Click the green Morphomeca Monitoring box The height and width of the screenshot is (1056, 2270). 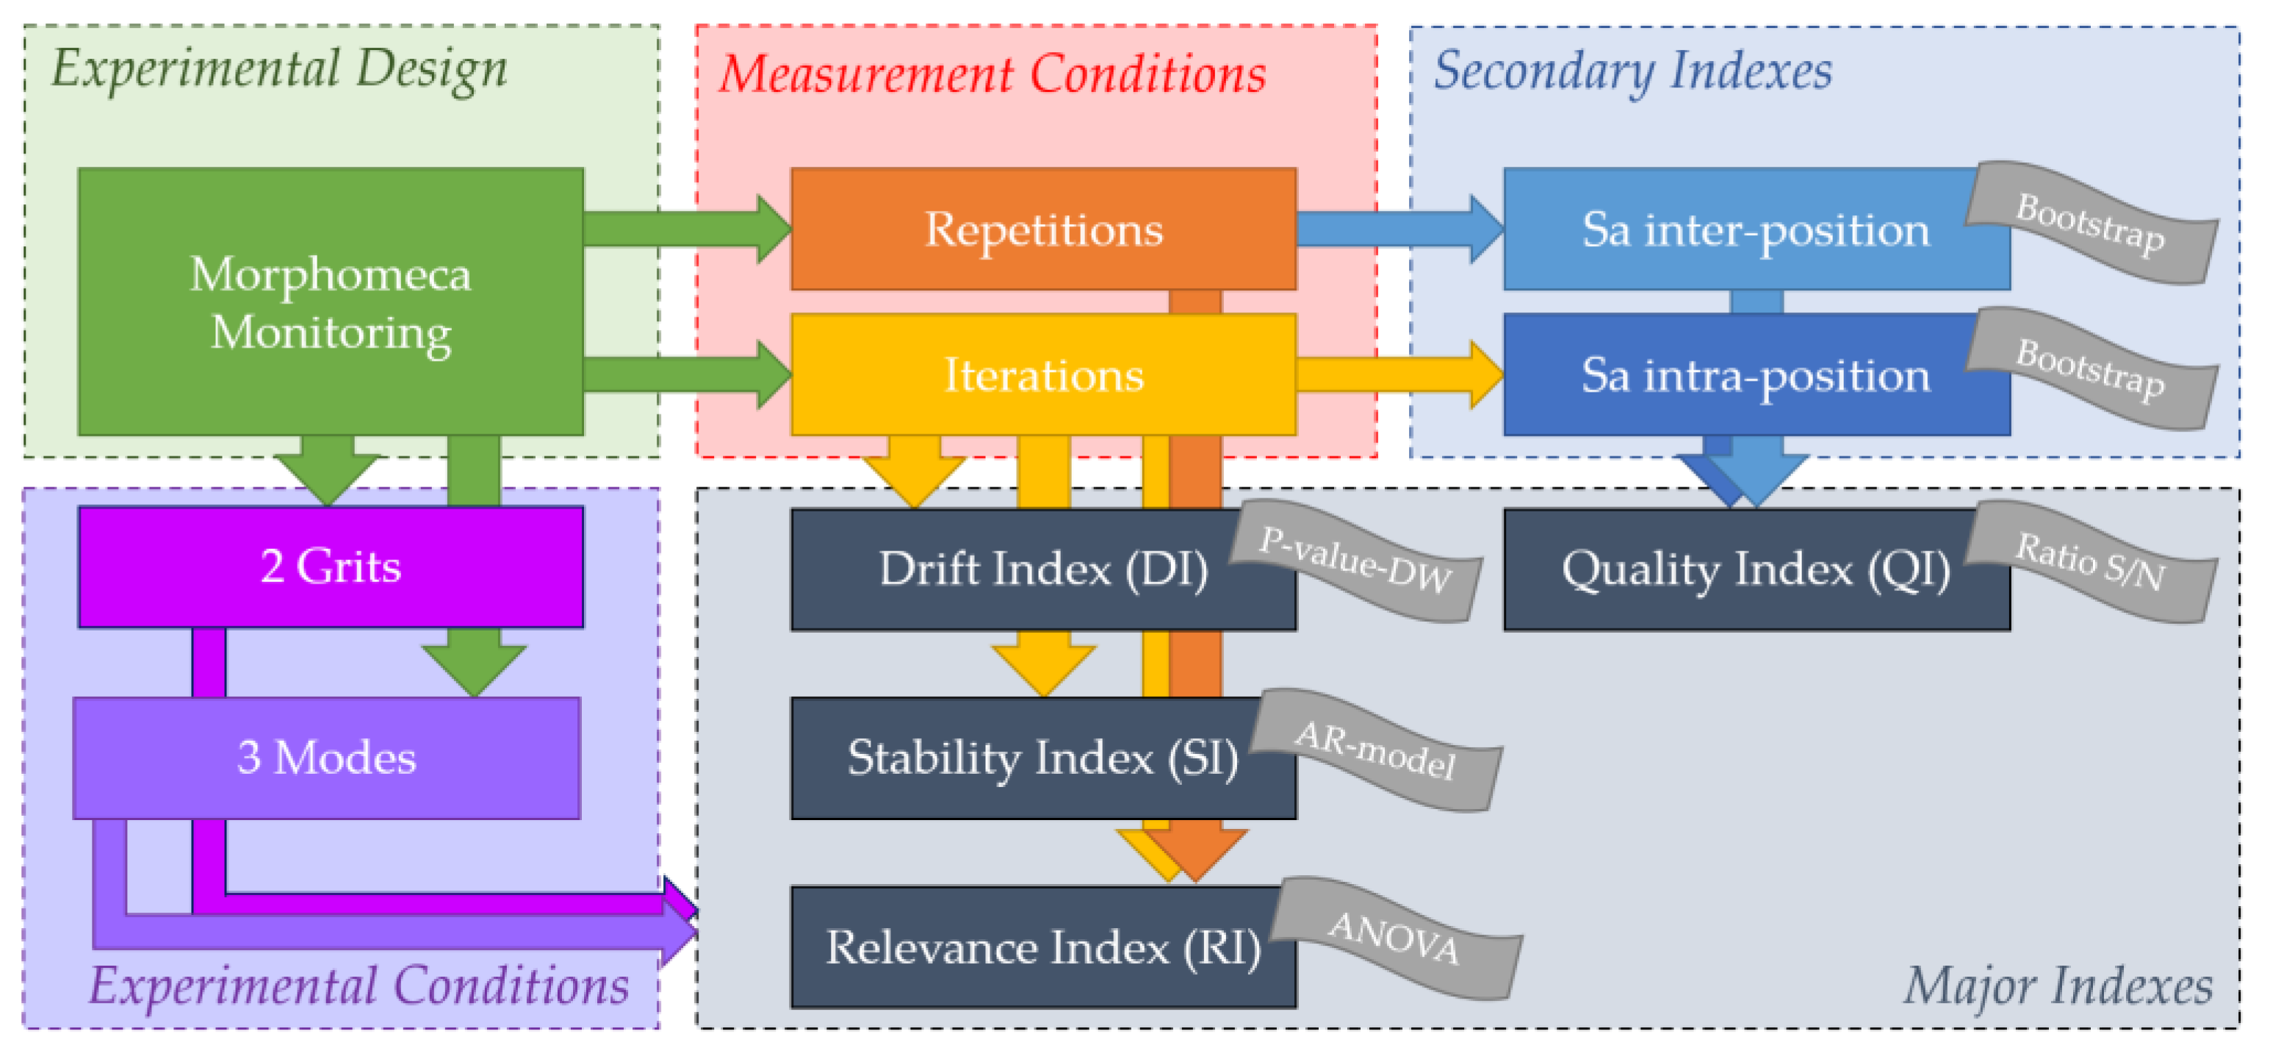(x=331, y=301)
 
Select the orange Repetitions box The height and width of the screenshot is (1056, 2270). (x=1043, y=229)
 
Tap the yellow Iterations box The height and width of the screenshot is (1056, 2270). (x=1043, y=375)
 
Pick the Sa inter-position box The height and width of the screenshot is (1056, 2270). (x=1756, y=229)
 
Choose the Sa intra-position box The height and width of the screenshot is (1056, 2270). (x=1756, y=375)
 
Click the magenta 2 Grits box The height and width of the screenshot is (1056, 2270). (x=331, y=567)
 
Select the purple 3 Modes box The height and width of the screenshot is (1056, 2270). (x=326, y=758)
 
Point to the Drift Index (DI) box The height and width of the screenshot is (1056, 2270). (x=1043, y=570)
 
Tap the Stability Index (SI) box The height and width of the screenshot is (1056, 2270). (x=1043, y=758)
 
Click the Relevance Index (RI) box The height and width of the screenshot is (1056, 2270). (x=1043, y=947)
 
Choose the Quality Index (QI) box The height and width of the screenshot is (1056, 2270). (x=1756, y=570)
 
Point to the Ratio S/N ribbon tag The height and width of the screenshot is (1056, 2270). (x=2091, y=561)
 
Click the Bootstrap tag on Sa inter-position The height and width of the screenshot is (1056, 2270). (x=2091, y=223)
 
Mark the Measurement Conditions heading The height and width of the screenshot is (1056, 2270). (x=993, y=73)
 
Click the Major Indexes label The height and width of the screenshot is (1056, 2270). (x=2058, y=985)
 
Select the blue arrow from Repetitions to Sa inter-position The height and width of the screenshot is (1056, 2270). (x=1400, y=229)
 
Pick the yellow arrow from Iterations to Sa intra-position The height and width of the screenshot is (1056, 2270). (x=1400, y=375)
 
